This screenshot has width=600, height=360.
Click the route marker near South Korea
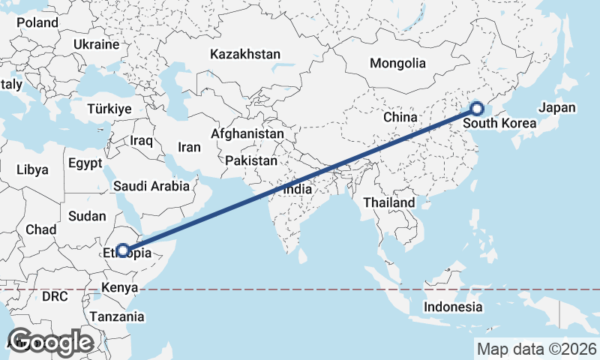pos(476,108)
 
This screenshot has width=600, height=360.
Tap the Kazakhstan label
pos(245,55)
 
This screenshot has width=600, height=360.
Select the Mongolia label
pos(397,64)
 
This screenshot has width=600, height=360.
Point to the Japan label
pos(557,107)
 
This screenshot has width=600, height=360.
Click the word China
pos(399,118)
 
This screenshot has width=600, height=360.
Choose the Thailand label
pos(388,202)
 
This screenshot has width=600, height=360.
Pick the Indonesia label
pos(453,307)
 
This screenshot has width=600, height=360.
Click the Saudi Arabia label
pos(151,186)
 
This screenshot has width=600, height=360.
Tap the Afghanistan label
pos(247,134)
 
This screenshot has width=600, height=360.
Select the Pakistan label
pos(250,160)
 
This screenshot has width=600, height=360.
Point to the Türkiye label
pos(109,109)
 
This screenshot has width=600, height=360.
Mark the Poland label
pos(37,22)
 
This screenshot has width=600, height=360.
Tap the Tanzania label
pos(117,316)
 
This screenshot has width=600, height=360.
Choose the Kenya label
pos(120,287)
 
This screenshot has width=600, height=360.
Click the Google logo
pos(51,342)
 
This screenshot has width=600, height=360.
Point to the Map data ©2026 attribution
pos(536,349)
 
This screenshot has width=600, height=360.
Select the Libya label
pos(31,169)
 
